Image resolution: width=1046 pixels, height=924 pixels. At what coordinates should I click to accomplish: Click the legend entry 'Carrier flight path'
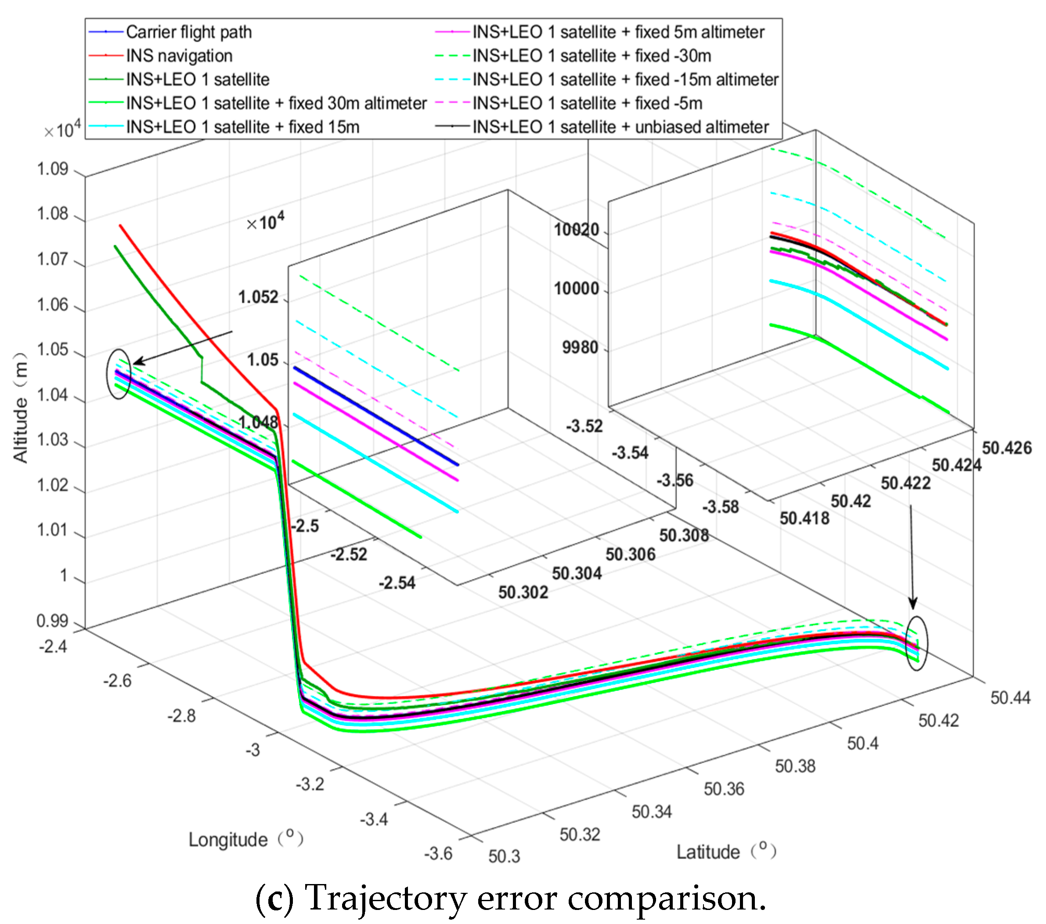(188, 32)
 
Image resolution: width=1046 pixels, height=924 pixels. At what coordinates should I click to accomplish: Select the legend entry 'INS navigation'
(179, 56)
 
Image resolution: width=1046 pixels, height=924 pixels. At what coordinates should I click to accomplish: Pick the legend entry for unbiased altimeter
(620, 127)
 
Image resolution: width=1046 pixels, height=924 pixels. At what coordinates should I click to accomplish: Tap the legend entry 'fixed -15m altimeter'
(625, 80)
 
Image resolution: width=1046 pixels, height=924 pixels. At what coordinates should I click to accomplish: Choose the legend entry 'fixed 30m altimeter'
(276, 103)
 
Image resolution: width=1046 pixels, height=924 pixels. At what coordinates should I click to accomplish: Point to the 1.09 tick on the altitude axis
(53, 169)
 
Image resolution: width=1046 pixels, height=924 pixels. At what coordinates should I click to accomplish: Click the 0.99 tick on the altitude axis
(53, 621)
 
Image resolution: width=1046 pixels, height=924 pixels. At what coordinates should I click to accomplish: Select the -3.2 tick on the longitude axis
(310, 784)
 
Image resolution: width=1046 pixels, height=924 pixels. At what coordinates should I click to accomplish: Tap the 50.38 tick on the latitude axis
(795, 766)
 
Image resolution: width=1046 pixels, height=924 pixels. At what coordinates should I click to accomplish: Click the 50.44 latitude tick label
(1010, 698)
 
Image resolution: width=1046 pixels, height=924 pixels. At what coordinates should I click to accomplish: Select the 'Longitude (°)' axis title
(245, 840)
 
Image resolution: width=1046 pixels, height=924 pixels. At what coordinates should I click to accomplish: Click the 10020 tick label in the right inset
(577, 230)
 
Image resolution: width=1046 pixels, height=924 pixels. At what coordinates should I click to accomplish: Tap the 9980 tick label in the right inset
(581, 347)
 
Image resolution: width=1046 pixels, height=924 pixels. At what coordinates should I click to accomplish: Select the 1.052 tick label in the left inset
(259, 297)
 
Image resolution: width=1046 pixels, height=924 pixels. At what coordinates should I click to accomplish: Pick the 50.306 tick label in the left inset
(631, 554)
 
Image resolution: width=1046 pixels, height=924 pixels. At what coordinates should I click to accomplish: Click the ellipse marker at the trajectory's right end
(916, 643)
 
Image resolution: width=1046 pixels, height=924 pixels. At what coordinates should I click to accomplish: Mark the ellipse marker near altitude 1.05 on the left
(118, 374)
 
